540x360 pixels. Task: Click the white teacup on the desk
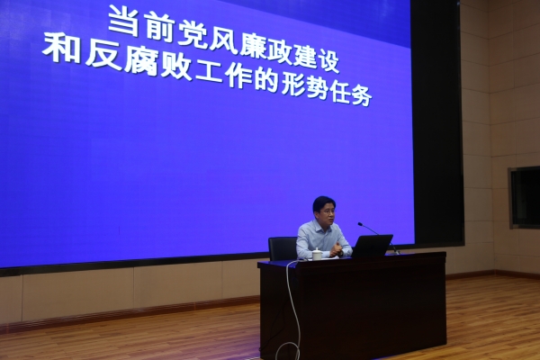click(317, 254)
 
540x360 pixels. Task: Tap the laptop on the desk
click(371, 246)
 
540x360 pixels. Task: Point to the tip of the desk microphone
click(360, 224)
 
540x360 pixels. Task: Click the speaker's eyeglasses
click(327, 212)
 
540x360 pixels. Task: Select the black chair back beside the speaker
click(282, 248)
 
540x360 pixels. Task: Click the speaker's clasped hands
click(336, 250)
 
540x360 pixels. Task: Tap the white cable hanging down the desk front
click(291, 310)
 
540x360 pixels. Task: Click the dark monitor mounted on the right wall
click(525, 197)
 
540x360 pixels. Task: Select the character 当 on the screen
click(123, 21)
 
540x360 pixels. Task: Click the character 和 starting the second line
click(62, 49)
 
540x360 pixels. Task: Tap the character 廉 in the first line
click(253, 48)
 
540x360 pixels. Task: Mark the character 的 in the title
click(267, 82)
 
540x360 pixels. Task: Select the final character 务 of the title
click(362, 95)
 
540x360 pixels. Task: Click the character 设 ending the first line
click(329, 62)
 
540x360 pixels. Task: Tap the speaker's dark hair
click(324, 202)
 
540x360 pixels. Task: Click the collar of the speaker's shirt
click(321, 225)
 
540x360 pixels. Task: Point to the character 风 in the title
click(223, 41)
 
